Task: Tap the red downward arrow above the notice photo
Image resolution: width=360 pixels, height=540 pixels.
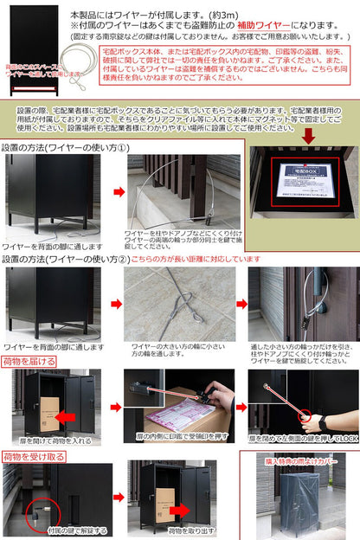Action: [307, 135]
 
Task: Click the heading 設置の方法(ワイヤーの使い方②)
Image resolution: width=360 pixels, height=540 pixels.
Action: [67, 258]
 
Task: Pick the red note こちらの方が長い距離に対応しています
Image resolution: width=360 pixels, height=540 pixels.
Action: [198, 258]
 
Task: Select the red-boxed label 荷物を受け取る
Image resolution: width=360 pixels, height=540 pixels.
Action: [35, 455]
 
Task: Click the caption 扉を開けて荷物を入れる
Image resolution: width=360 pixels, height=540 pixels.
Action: [52, 440]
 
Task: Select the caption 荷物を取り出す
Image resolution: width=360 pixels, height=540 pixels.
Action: [170, 530]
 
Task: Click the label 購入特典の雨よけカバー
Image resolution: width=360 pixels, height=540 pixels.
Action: [299, 460]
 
